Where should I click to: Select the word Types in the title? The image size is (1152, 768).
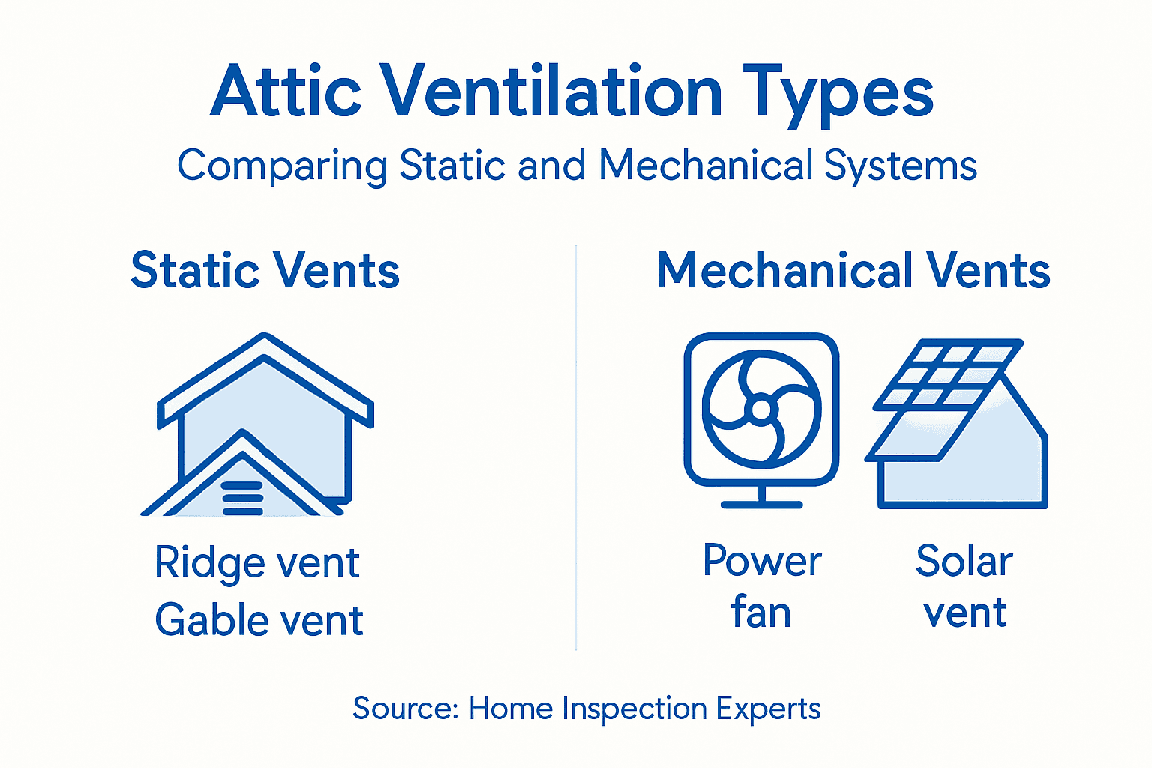pyautogui.click(x=838, y=94)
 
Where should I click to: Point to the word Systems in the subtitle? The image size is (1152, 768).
pyautogui.click(x=900, y=166)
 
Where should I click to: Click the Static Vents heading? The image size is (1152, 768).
pyautogui.click(x=265, y=270)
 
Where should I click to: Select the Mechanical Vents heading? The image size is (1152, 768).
pyautogui.click(x=853, y=270)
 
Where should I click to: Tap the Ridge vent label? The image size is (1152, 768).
pyautogui.click(x=257, y=562)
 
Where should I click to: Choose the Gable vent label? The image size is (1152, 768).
pyautogui.click(x=259, y=620)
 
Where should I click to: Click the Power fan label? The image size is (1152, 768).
pyautogui.click(x=762, y=586)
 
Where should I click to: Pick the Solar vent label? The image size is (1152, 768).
pyautogui.click(x=964, y=586)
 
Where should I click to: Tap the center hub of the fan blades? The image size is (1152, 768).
pyautogui.click(x=761, y=409)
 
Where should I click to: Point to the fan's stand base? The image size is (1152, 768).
pyautogui.click(x=761, y=504)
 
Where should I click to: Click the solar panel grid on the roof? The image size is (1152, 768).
pyautogui.click(x=949, y=375)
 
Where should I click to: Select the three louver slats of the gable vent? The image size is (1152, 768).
pyautogui.click(x=242, y=498)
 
